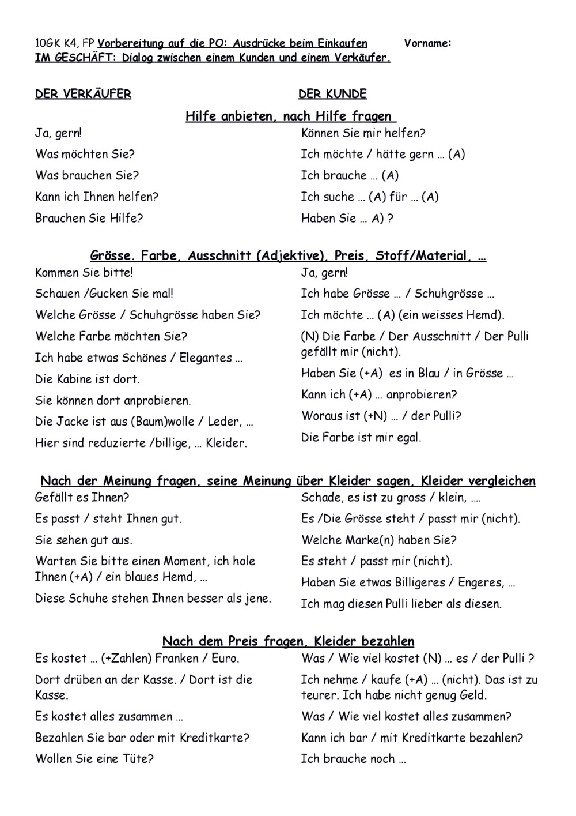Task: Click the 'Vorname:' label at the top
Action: [427, 43]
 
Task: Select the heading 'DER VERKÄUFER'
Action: [83, 94]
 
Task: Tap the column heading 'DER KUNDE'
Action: [332, 94]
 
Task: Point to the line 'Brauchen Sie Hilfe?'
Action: [89, 218]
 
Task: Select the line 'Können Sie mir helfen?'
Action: [363, 133]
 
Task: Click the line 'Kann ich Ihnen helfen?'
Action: [97, 197]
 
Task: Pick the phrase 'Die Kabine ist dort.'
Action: [88, 379]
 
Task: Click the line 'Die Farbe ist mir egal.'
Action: [361, 437]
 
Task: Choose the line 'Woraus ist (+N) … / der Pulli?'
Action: [381, 416]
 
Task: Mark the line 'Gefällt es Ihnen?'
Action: [82, 497]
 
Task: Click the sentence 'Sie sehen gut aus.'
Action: [84, 540]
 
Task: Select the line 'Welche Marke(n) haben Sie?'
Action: [378, 540]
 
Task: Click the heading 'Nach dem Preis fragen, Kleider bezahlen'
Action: [288, 641]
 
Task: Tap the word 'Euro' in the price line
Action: [224, 658]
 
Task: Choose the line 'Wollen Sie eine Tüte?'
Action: [94, 759]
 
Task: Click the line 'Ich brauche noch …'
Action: [353, 759]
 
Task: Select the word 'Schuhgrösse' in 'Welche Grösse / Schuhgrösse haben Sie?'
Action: [162, 315]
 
